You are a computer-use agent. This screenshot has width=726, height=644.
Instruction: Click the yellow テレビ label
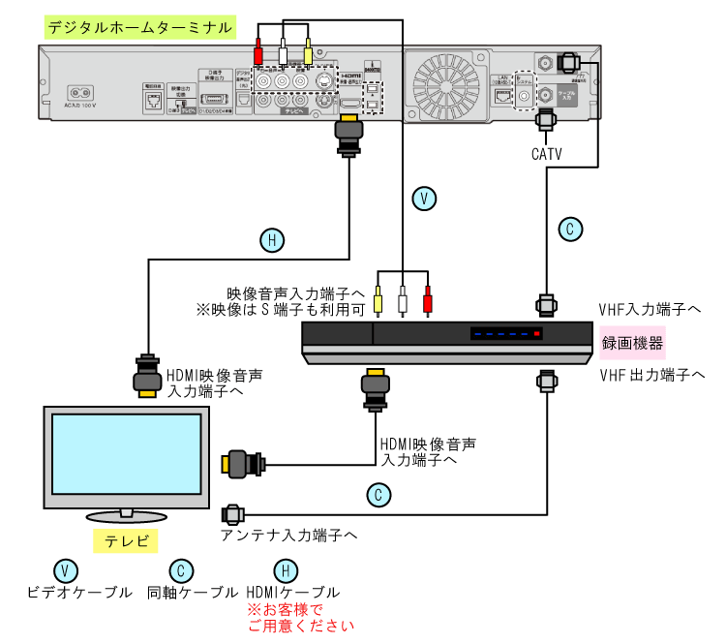pyautogui.click(x=125, y=540)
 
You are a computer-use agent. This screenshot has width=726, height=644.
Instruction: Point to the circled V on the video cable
pyautogui.click(x=423, y=199)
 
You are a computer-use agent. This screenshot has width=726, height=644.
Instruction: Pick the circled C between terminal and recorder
pyautogui.click(x=571, y=230)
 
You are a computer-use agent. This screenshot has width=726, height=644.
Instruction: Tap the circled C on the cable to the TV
pyautogui.click(x=379, y=495)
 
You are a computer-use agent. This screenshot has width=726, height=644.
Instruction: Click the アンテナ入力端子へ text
pyautogui.click(x=288, y=534)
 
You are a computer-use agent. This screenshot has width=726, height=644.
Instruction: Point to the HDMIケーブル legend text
pyautogui.click(x=293, y=592)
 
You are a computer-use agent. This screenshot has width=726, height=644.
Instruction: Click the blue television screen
pyautogui.click(x=127, y=454)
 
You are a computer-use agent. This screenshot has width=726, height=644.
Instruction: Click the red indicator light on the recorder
pyautogui.click(x=538, y=333)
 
